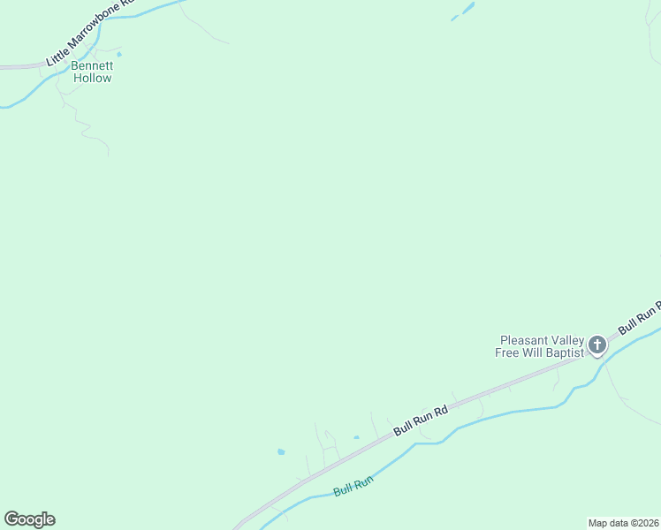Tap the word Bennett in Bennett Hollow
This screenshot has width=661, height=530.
[x=92, y=65]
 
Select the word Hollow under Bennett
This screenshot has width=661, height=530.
[x=92, y=78]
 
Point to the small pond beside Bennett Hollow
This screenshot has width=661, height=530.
[x=119, y=55]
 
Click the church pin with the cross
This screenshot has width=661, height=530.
[x=597, y=344]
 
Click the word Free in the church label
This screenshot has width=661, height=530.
[x=508, y=352]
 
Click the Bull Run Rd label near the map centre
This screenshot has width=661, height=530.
[x=422, y=420]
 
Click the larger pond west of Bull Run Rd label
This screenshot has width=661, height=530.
[x=281, y=451]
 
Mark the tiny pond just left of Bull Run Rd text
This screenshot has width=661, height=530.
[x=356, y=436]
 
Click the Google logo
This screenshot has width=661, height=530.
[x=29, y=519]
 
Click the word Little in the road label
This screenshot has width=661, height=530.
[x=56, y=55]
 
